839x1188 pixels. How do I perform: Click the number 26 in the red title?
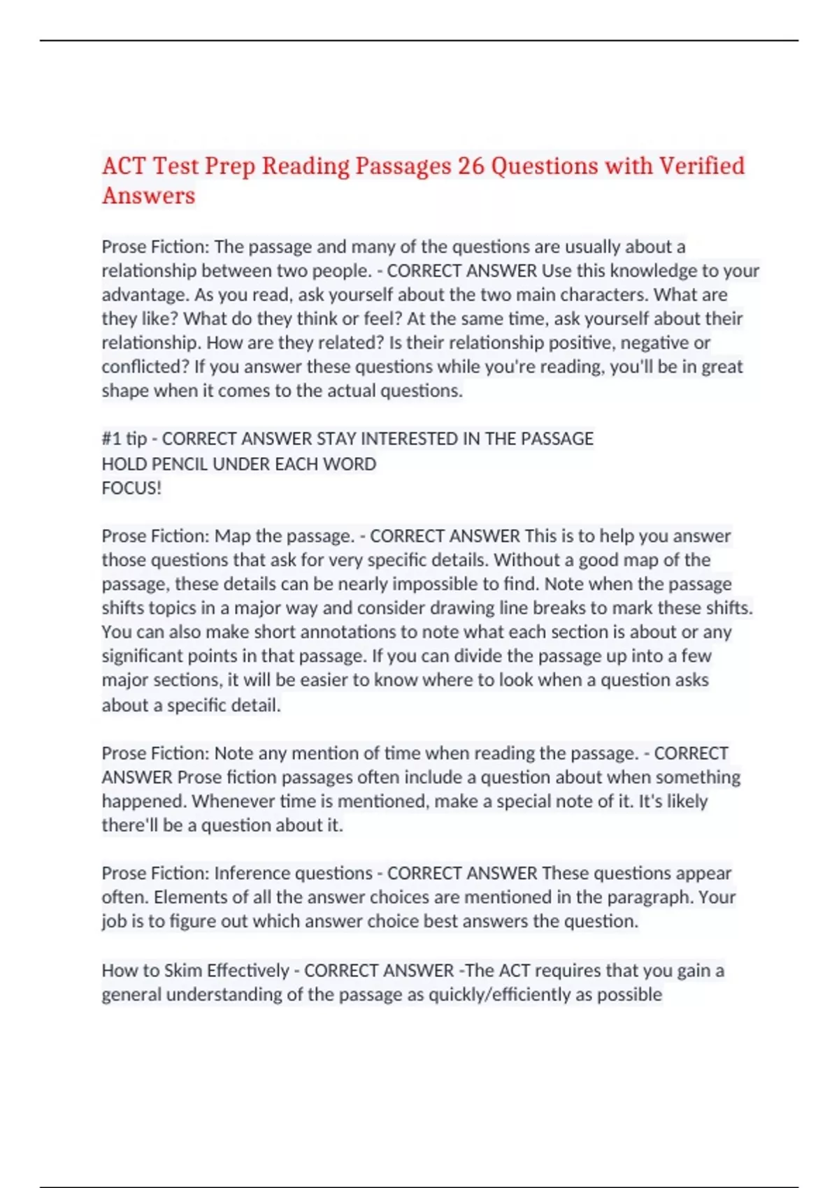pos(471,166)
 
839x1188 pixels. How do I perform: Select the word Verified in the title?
pos(702,166)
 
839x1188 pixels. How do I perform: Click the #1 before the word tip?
pos(112,439)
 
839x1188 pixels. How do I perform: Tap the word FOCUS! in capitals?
pos(131,488)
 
